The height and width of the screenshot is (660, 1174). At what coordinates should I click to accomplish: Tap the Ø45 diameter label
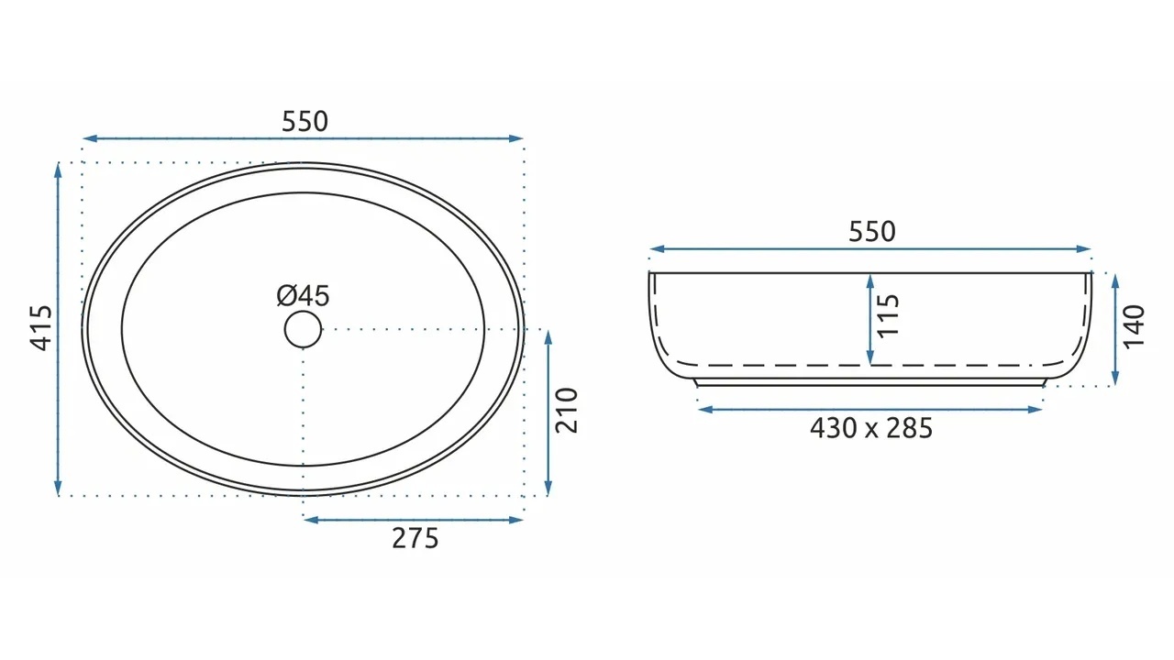point(303,296)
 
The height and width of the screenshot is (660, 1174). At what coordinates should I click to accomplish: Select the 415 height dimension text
point(41,328)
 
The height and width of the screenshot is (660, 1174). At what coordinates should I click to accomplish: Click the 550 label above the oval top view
point(305,122)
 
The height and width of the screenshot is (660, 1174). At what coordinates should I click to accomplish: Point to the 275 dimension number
point(415,538)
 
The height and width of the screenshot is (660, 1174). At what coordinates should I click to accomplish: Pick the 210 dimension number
point(567,411)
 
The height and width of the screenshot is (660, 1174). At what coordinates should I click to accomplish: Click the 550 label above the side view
point(872,232)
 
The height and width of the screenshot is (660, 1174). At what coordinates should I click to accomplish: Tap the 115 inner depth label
point(887,315)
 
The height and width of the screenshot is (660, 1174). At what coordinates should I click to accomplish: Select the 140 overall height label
point(1134,325)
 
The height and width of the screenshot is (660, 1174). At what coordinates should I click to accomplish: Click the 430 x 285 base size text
point(871,428)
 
